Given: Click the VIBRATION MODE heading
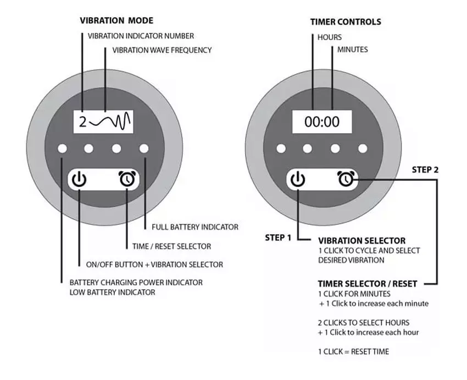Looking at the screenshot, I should click(x=116, y=21).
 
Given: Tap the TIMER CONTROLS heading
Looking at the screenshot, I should click(x=346, y=22).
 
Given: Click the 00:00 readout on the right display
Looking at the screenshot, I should click(x=322, y=122).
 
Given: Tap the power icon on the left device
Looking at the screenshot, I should click(x=80, y=179).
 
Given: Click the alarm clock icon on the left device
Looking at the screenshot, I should click(x=127, y=179).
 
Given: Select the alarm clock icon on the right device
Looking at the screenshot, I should click(x=346, y=179).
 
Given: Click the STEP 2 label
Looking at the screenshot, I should click(x=425, y=169).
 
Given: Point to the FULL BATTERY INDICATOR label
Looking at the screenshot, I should click(x=191, y=227).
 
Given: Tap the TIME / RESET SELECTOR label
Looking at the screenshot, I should click(x=168, y=246).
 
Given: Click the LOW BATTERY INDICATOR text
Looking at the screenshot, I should click(x=112, y=292).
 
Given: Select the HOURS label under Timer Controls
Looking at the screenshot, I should click(x=330, y=37).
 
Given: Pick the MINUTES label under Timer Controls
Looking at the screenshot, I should click(x=353, y=49).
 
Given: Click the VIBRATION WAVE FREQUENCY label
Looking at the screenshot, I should click(x=162, y=50).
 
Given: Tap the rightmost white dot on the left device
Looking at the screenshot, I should click(x=144, y=148).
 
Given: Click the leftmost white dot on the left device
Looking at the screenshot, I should click(x=63, y=148).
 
